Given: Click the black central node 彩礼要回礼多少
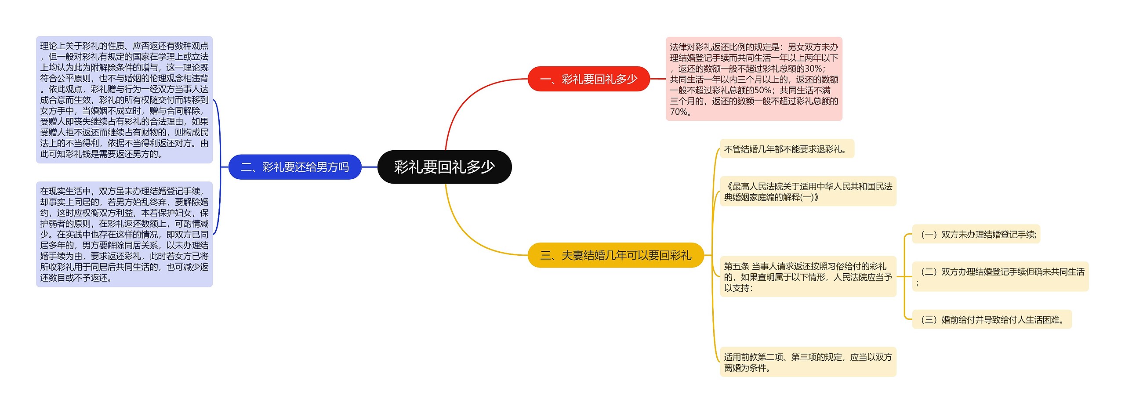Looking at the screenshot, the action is (444, 167).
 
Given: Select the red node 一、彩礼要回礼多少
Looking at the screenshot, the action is (588, 79).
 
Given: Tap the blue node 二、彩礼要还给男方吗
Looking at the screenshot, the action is (295, 167).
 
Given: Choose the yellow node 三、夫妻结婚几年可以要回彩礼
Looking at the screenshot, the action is (615, 255).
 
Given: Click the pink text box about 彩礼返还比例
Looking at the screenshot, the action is (754, 79).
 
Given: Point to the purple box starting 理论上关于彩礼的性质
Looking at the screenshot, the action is (124, 100).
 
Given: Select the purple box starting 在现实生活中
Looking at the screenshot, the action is (124, 234).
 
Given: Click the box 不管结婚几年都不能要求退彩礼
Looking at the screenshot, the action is (787, 149).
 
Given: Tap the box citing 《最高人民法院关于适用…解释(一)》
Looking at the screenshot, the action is (808, 192).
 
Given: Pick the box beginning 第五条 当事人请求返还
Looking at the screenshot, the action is (808, 277).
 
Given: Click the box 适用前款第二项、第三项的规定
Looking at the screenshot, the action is (808, 362).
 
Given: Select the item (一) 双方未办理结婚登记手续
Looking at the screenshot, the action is (976, 234).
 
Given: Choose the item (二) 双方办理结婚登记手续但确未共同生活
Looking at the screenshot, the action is (1000, 276).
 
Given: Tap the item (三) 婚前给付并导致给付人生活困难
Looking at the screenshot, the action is (992, 319).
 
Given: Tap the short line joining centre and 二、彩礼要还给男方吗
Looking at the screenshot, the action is (369, 167).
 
